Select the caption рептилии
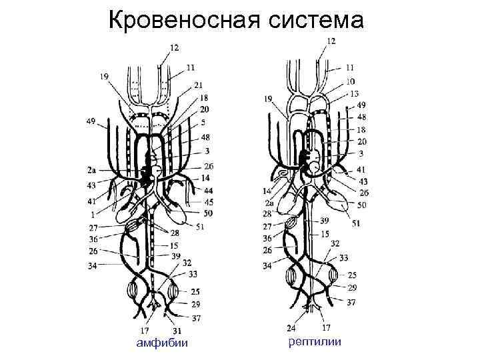[x=315, y=342]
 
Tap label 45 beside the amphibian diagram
[x=209, y=202]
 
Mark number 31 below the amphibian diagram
[x=177, y=331]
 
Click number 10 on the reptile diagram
[x=351, y=82]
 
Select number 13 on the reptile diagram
[x=353, y=93]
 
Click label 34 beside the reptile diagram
[x=267, y=266]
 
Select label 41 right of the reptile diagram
[x=361, y=170]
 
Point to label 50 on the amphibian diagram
[x=209, y=213]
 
